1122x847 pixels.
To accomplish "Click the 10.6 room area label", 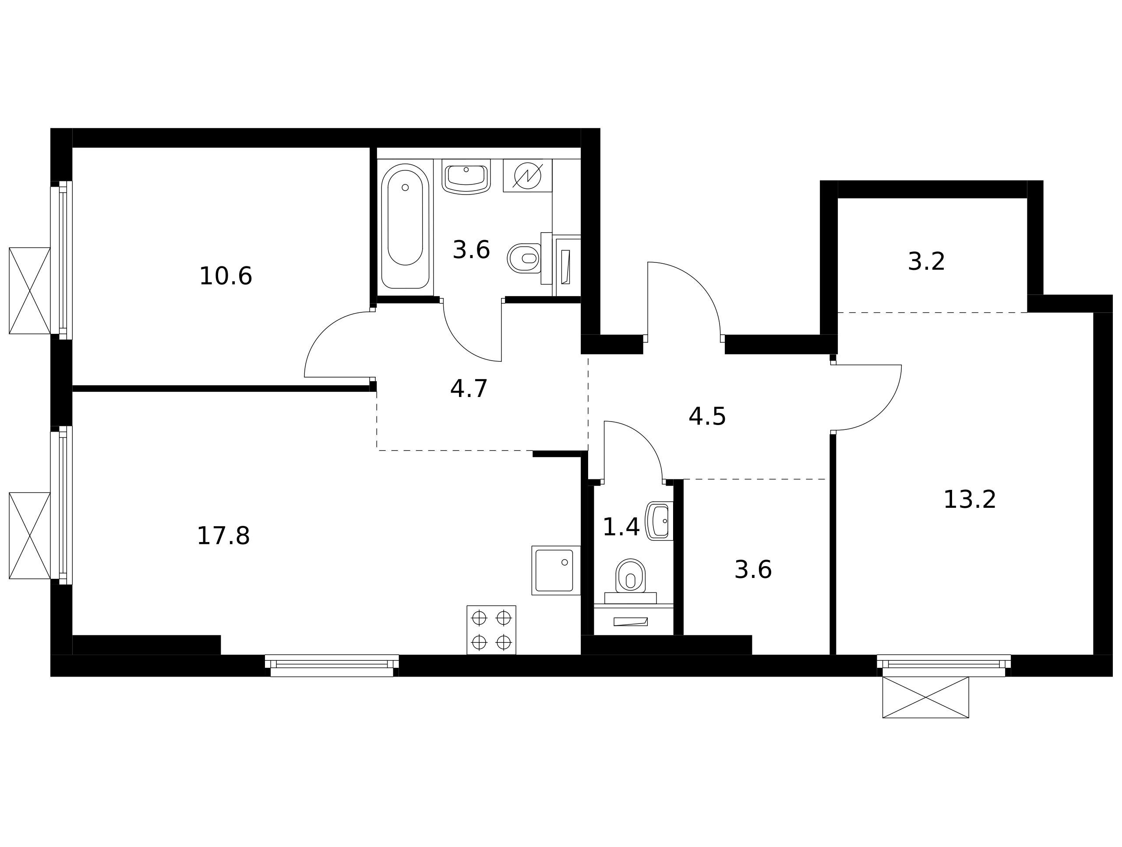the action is [x=226, y=276].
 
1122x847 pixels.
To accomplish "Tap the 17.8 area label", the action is [x=223, y=536].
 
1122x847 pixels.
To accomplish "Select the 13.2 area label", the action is [x=970, y=500].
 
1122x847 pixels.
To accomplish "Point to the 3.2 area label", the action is [x=926, y=262].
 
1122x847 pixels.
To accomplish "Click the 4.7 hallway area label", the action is [x=469, y=389].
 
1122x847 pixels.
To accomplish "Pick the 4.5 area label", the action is [x=707, y=417].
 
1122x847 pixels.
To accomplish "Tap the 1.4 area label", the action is [x=621, y=527].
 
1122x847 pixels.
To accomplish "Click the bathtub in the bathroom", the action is [x=405, y=227].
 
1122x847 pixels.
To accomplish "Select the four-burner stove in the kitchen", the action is [x=491, y=630].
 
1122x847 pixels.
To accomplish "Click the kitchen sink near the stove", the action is [x=556, y=571].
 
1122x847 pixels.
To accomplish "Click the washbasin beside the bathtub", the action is [x=466, y=177].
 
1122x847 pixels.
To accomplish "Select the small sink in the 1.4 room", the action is [x=659, y=521].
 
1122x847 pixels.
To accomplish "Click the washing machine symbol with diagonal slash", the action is [x=528, y=176].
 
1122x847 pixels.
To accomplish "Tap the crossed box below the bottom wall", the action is [x=926, y=697].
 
